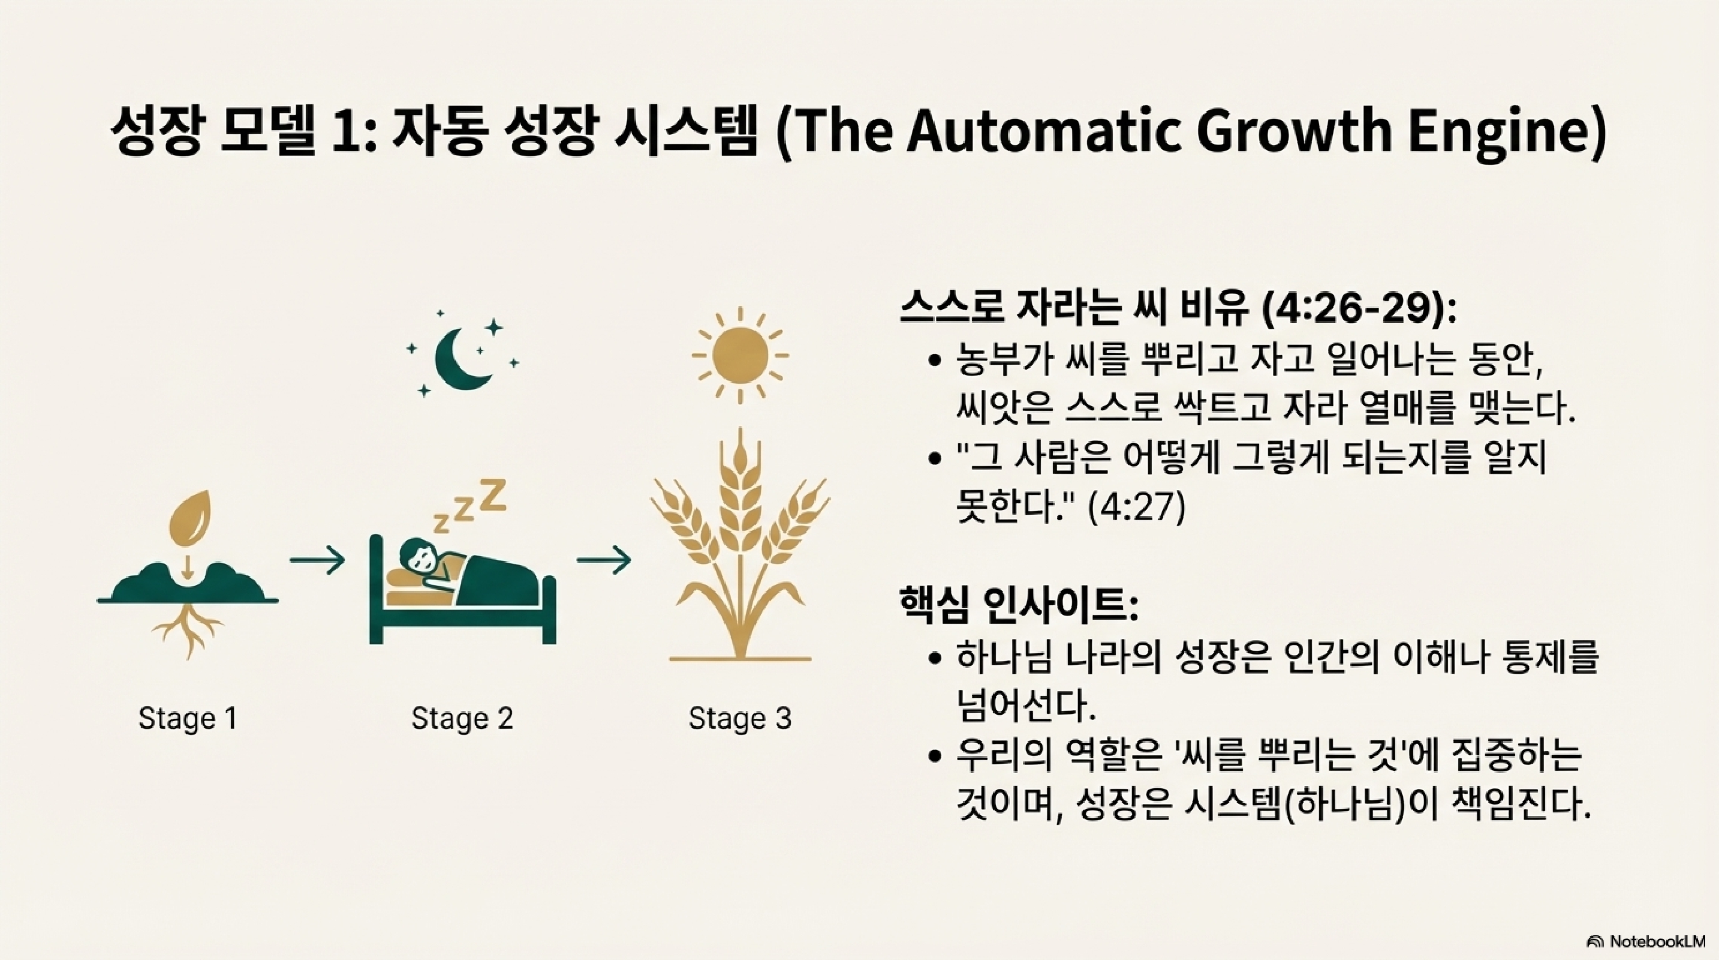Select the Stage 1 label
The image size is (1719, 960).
tap(188, 718)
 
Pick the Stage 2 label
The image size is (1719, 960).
tap(462, 718)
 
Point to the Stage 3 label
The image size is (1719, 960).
tap(740, 718)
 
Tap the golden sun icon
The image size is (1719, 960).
tap(740, 356)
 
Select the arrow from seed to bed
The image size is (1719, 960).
tap(317, 560)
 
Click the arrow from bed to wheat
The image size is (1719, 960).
tap(604, 560)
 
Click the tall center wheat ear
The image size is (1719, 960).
tap(740, 481)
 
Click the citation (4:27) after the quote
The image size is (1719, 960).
tap(1136, 509)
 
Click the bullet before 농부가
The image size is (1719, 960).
tap(935, 361)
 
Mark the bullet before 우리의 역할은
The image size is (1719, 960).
tap(935, 757)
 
